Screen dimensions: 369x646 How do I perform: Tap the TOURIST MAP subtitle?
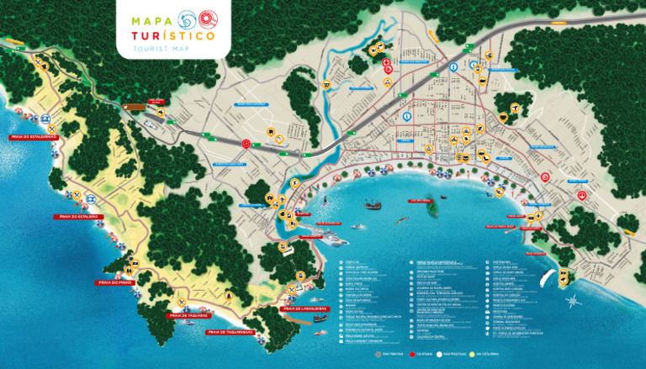coord(173,50)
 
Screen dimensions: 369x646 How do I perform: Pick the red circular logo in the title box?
coord(208,18)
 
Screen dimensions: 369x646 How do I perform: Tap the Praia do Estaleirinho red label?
coord(33,135)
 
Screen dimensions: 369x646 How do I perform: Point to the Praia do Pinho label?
coord(115,282)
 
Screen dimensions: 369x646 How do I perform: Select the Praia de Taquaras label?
coord(188,316)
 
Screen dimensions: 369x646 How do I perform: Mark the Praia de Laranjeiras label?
coord(302,308)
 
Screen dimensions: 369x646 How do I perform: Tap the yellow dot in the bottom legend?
coord(474,354)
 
